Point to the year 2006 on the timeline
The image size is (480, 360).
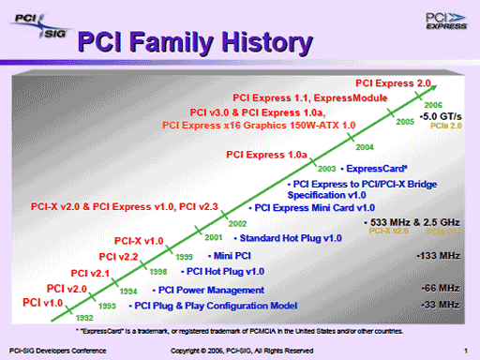(x=433, y=105)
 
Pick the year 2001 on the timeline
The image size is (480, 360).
(x=213, y=237)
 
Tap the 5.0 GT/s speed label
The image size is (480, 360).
(x=439, y=116)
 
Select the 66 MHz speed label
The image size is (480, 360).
(x=441, y=287)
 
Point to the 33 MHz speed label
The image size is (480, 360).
(x=441, y=305)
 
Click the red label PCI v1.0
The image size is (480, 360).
(x=40, y=303)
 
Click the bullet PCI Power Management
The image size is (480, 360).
(x=200, y=290)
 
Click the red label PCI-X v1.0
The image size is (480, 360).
(x=140, y=241)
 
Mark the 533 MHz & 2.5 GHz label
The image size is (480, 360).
(x=410, y=222)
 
